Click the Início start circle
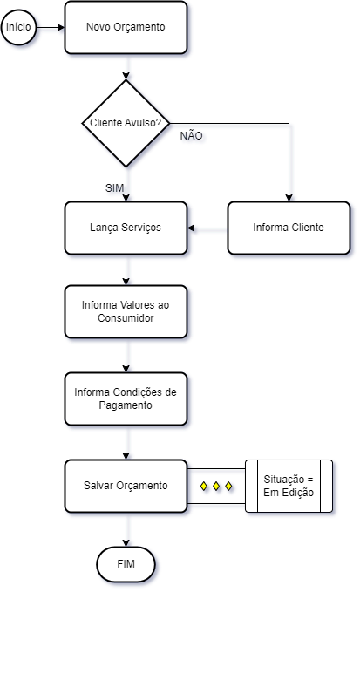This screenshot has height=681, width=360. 18,27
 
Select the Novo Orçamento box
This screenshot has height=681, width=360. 126,27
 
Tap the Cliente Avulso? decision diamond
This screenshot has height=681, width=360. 126,123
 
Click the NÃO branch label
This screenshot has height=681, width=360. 191,136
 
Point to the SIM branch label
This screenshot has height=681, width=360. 115,188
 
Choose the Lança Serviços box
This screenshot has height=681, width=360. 126,228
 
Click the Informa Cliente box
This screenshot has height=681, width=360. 289,228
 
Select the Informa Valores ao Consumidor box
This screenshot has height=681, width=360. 126,311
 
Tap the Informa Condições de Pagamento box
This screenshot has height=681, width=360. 126,398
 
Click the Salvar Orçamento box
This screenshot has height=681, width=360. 126,486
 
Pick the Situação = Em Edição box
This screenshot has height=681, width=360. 289,486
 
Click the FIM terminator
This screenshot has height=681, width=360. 126,564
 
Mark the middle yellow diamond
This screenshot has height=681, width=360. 216,486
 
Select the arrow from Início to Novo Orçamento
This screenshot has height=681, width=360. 51,27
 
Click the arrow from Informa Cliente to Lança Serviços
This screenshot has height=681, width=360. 207,228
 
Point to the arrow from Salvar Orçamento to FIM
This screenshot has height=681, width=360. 126,530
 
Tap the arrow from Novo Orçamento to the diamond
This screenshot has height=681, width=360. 126,67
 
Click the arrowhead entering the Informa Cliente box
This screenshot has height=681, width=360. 289,198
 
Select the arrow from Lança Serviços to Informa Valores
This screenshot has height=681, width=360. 126,269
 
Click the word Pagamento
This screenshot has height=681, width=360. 126,405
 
